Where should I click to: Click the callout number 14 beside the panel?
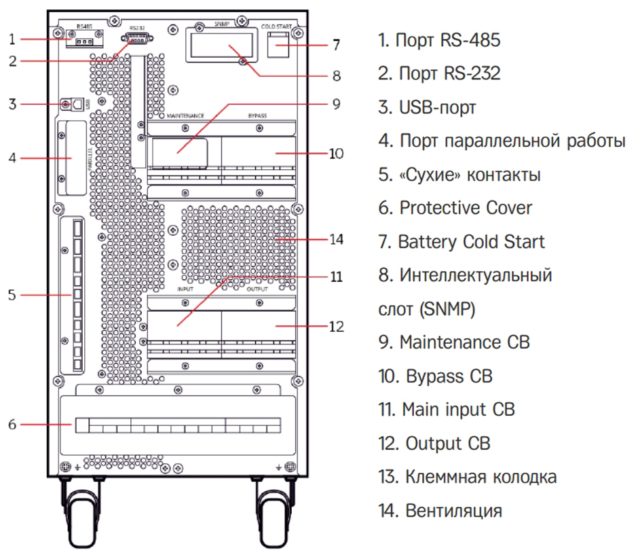click(336, 239)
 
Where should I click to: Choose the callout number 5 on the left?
click(12, 295)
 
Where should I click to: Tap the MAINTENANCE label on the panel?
click(185, 116)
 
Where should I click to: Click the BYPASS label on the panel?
click(257, 116)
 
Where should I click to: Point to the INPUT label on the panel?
click(185, 289)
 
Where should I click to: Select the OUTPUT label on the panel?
click(257, 289)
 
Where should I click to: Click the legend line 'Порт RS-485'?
click(439, 41)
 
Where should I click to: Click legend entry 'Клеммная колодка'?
click(468, 477)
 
